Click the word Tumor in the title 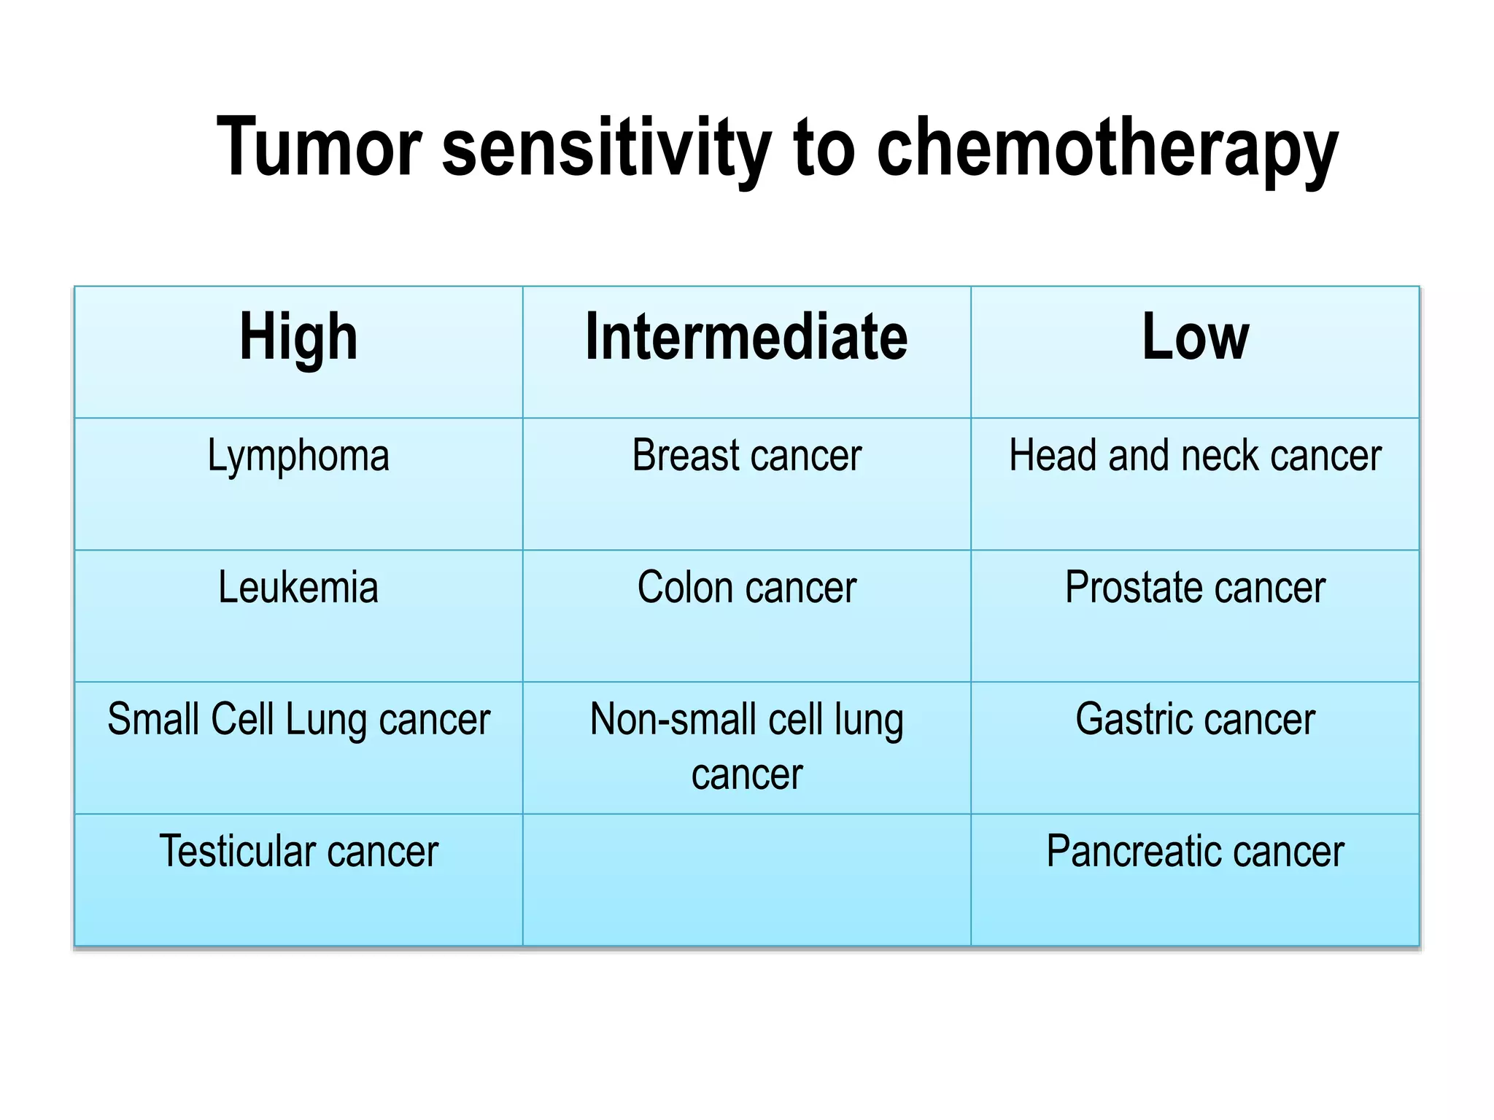(319, 147)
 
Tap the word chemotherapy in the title (1107, 149)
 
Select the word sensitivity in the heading (606, 149)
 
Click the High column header (298, 337)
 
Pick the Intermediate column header (746, 337)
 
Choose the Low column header (1195, 337)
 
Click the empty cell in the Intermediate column (746, 879)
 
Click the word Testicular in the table (237, 852)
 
